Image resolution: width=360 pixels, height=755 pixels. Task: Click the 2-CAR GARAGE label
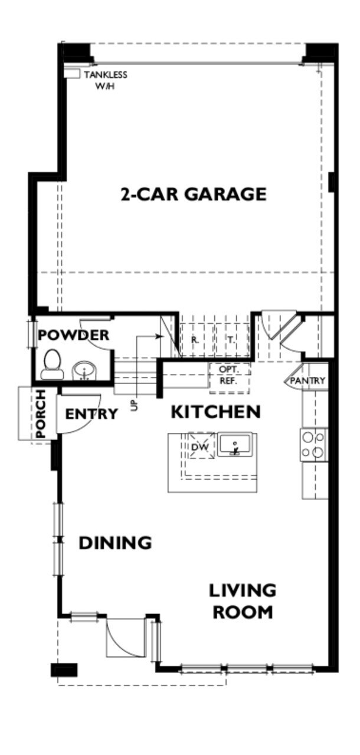[194, 194]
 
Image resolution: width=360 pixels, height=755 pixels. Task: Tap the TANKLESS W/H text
[105, 80]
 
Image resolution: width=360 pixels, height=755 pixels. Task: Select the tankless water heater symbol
[72, 74]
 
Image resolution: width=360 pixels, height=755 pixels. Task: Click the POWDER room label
[74, 336]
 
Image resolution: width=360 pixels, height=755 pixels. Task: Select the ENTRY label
[91, 414]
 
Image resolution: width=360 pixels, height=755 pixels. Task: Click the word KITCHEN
[215, 412]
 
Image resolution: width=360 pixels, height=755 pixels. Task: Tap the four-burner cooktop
[313, 445]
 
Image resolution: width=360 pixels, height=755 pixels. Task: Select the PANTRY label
[308, 380]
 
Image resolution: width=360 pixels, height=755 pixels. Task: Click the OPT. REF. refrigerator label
[228, 375]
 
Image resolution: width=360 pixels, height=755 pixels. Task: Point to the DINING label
[116, 542]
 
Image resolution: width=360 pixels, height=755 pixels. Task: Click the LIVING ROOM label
[243, 600]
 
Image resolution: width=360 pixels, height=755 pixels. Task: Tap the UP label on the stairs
[135, 405]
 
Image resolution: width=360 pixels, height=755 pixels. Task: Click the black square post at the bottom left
[64, 670]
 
